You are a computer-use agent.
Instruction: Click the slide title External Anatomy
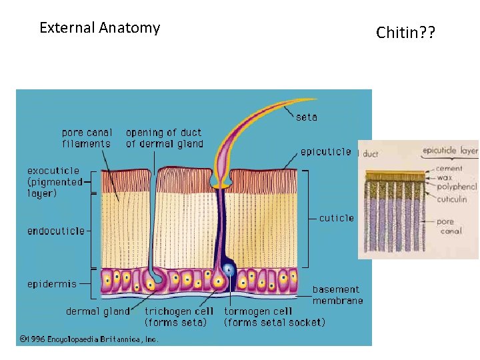(x=99, y=28)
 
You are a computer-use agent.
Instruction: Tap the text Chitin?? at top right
(x=405, y=32)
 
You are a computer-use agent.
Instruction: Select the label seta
(x=307, y=117)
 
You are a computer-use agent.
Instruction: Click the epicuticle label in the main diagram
(x=325, y=152)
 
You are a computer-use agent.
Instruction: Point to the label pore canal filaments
(x=87, y=138)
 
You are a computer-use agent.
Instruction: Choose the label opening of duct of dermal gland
(x=164, y=138)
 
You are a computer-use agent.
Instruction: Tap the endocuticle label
(x=56, y=231)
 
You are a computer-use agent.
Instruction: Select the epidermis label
(x=52, y=284)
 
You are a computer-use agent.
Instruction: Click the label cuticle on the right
(x=337, y=218)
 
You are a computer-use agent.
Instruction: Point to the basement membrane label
(x=337, y=295)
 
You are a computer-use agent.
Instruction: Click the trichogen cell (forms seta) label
(x=179, y=317)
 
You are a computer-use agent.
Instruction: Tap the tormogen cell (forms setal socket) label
(x=275, y=317)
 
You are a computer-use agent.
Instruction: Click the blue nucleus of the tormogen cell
(x=229, y=270)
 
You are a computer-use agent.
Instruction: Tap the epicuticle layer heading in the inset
(x=450, y=151)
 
